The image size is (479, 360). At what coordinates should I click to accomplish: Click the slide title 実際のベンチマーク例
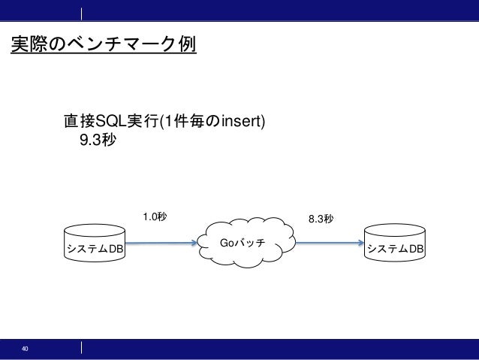[103, 45]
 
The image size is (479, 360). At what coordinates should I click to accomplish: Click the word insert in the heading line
[241, 121]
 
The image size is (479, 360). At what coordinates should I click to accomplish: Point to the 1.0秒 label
[155, 217]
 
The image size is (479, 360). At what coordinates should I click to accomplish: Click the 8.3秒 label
[321, 219]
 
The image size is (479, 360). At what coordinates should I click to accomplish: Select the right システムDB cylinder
[394, 244]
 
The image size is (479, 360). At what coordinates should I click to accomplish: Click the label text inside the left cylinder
[95, 249]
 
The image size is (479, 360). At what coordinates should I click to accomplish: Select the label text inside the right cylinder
[394, 249]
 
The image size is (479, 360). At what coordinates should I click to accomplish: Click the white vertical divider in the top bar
[81, 13]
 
